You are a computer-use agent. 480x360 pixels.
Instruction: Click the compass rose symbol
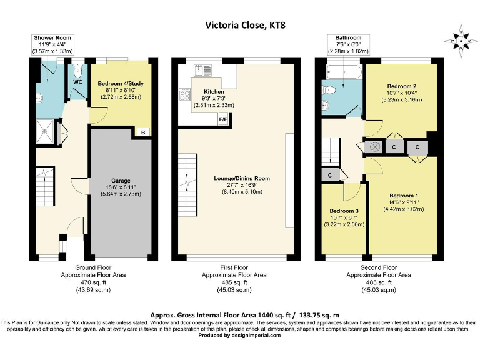point(461,41)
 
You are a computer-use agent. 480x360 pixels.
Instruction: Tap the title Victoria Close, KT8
point(245,25)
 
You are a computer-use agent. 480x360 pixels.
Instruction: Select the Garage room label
point(121,181)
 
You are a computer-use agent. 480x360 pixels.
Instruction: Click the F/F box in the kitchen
point(223,119)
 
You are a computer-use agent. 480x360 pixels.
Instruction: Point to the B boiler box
point(143,132)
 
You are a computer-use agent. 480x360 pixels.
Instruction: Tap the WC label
point(77,82)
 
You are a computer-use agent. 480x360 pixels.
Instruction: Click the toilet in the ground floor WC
point(77,71)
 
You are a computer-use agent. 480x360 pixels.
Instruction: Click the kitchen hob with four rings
point(185,94)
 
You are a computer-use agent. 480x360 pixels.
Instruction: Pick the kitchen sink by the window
point(202,70)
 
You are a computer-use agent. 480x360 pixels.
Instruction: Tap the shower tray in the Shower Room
point(45,132)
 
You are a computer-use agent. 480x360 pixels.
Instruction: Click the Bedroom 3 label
point(344,211)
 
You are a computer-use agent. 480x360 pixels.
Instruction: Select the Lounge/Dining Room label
point(242,178)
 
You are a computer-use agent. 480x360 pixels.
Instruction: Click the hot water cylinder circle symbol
point(374,147)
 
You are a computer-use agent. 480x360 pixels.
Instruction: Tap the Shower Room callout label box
point(52,45)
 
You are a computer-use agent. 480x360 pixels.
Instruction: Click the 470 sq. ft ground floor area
point(93,282)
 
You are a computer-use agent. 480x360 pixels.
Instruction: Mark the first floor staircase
point(187,185)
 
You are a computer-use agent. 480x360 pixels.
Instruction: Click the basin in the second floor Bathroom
point(325,105)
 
